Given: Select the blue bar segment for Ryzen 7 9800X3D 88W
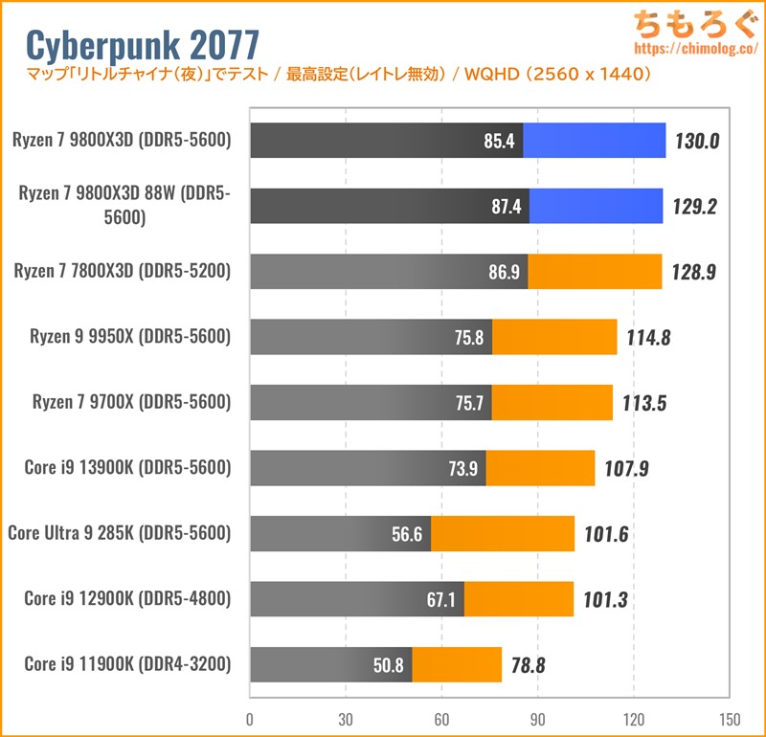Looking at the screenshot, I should pyautogui.click(x=596, y=206).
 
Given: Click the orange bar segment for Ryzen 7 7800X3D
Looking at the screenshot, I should pyautogui.click(x=595, y=272).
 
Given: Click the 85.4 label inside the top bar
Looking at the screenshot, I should pyautogui.click(x=500, y=142).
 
